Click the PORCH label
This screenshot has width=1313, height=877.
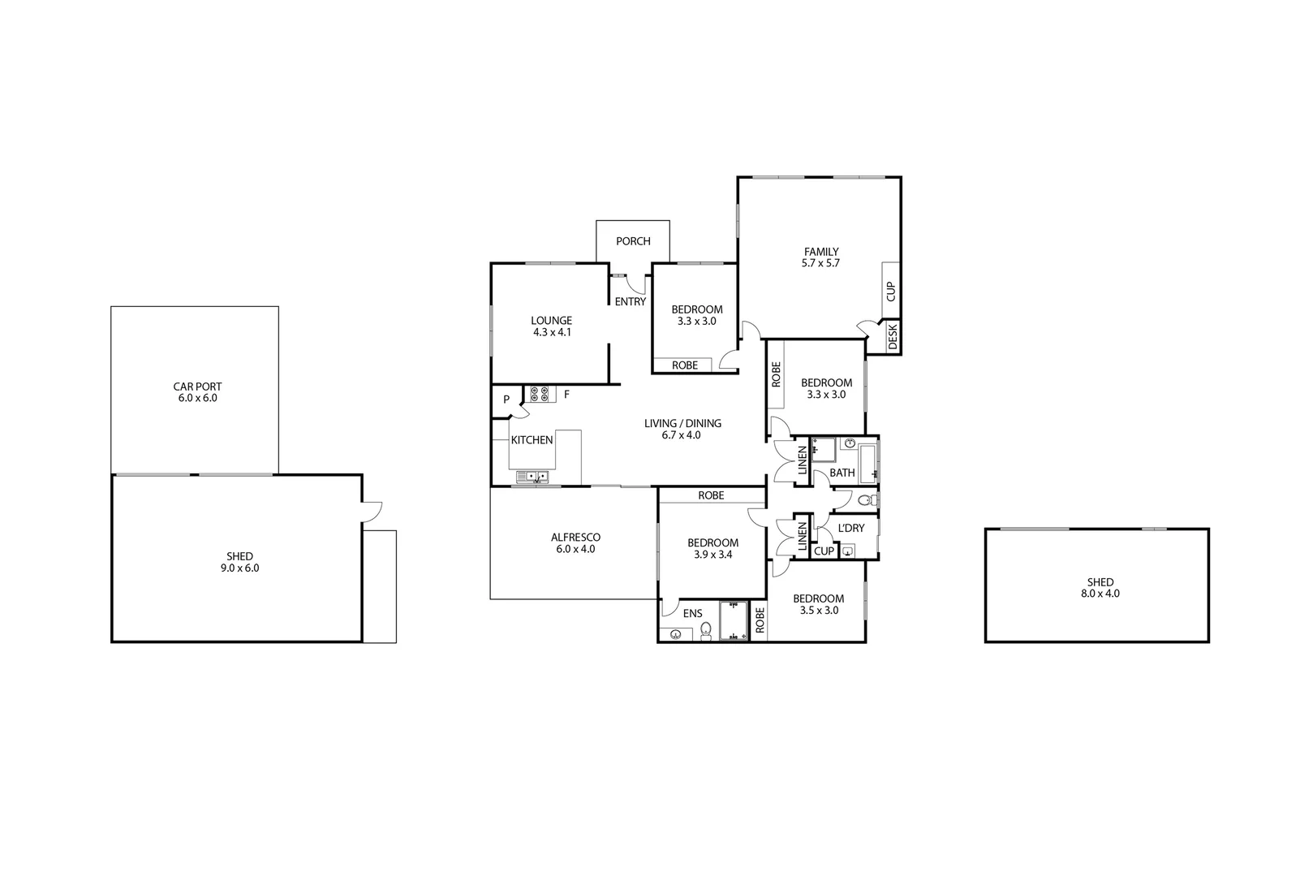(633, 241)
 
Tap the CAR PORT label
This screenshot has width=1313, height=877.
(197, 387)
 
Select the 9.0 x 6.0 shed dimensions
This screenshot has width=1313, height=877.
(239, 568)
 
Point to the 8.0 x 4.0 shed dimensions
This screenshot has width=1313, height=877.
(1100, 594)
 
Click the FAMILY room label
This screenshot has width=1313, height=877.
(821, 252)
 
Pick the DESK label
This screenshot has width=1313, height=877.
(893, 336)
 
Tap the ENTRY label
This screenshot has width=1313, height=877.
(631, 302)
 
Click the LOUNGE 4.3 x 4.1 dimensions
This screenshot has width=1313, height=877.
(552, 332)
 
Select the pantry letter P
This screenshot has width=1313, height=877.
(506, 400)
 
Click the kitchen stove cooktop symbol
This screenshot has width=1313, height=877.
(539, 395)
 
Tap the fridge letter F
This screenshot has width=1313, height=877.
(566, 395)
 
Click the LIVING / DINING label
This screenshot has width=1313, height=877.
(682, 423)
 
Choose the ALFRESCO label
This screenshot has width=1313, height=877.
(575, 537)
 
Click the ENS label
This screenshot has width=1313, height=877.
(692, 614)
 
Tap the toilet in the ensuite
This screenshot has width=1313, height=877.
(705, 631)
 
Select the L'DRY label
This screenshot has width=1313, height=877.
(850, 528)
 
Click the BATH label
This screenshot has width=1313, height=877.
(842, 473)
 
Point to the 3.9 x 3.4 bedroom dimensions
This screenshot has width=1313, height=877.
(712, 555)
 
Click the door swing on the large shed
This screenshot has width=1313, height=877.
(372, 512)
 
